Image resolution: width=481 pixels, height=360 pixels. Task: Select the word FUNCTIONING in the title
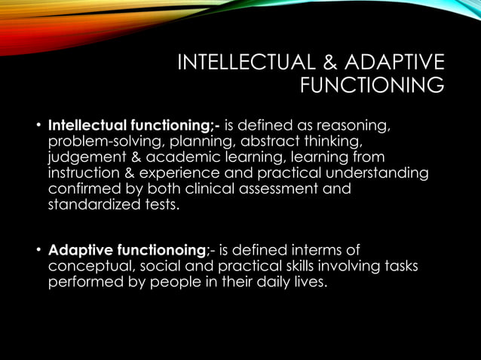[372, 87]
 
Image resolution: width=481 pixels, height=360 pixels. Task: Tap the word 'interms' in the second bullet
[326, 250]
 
